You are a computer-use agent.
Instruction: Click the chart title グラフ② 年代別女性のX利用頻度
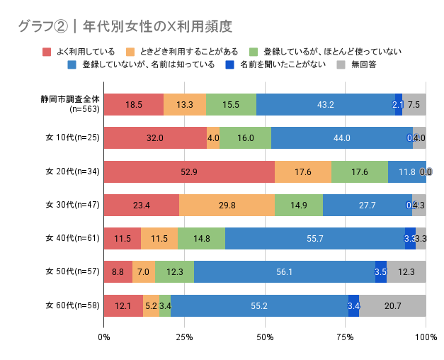tap(125, 27)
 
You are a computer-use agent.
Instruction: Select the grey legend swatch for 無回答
tap(340, 64)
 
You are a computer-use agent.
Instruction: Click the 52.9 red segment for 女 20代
tap(189, 171)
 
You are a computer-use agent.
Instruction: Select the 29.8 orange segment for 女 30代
tap(227, 206)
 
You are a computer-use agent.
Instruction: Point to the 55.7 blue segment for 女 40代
tap(315, 239)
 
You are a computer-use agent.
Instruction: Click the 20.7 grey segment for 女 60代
tap(392, 306)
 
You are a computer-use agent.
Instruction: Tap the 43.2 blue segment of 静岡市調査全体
tap(326, 104)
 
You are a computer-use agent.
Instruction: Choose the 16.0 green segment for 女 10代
tap(245, 138)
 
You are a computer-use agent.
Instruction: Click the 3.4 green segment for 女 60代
tap(165, 306)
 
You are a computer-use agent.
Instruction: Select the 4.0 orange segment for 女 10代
tap(213, 138)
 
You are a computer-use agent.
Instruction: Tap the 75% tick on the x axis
tap(346, 338)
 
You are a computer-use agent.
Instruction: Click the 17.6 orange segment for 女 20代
tap(302, 171)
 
